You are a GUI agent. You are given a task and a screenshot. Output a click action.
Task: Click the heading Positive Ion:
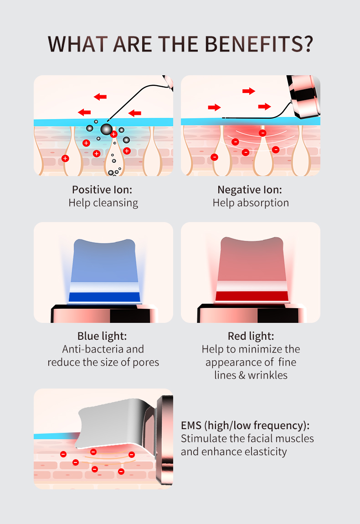(102, 190)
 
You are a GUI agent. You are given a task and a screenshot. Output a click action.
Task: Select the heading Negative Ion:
(250, 190)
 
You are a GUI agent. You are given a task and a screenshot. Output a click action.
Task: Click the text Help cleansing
(103, 203)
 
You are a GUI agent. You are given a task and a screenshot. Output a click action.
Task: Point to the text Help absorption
(251, 203)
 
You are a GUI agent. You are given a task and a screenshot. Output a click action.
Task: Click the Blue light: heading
(102, 336)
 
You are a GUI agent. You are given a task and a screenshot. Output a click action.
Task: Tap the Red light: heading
(251, 336)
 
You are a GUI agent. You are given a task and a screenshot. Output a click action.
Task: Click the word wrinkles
(268, 375)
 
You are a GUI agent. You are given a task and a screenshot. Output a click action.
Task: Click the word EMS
(191, 425)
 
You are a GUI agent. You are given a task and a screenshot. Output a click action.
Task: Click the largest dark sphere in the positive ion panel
(106, 130)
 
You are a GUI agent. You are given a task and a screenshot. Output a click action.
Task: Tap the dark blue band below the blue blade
(104, 297)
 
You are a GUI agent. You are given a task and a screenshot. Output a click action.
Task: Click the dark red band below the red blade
(252, 296)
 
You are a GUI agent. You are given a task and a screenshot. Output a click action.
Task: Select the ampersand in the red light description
(242, 375)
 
